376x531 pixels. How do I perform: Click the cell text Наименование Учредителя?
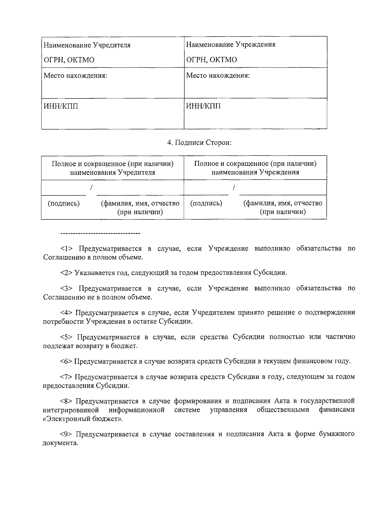coord(87,45)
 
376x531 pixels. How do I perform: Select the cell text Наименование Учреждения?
coord(231,45)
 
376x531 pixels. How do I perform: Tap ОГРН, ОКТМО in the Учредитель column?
coord(69,60)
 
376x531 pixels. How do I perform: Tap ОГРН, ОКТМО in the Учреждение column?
coord(211,60)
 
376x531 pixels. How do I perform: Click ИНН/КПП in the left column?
coord(61,106)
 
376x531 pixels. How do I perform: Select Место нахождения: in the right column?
coord(218,76)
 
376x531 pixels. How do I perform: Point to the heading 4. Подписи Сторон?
coord(199,143)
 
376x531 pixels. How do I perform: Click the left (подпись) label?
coord(64,203)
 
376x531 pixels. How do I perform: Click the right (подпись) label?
coord(206,203)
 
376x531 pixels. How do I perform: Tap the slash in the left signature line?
coord(91,187)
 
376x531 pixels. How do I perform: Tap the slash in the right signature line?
coord(234,187)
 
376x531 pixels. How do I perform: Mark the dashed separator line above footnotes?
coord(100,233)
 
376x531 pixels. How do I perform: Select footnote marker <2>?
coord(67,273)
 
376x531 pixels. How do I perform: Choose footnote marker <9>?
coord(67,434)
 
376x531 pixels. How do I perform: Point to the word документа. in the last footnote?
coord(60,443)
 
